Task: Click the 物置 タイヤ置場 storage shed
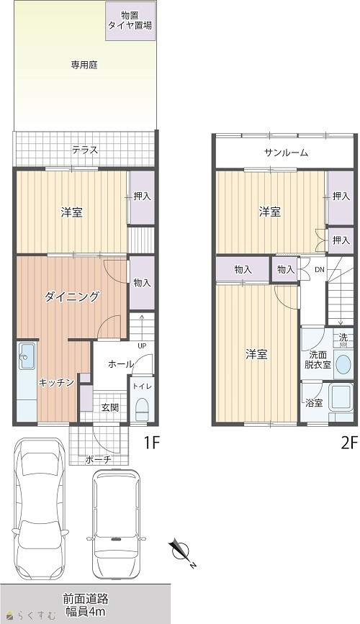tap(130, 21)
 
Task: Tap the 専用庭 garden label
tap(84, 65)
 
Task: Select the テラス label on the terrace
tap(85, 150)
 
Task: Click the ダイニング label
tap(72, 297)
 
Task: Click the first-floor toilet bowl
tap(142, 409)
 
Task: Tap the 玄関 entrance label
tap(109, 408)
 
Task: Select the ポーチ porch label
tap(98, 460)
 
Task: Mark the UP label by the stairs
tap(142, 345)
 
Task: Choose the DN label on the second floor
tap(320, 270)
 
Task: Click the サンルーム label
tap(286, 153)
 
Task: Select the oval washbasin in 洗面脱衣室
tap(343, 363)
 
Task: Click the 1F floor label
tap(151, 443)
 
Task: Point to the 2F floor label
tap(350, 443)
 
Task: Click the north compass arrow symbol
tap(181, 552)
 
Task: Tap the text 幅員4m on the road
tap(85, 612)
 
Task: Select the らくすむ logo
tap(32, 615)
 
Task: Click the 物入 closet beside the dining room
tap(141, 283)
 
